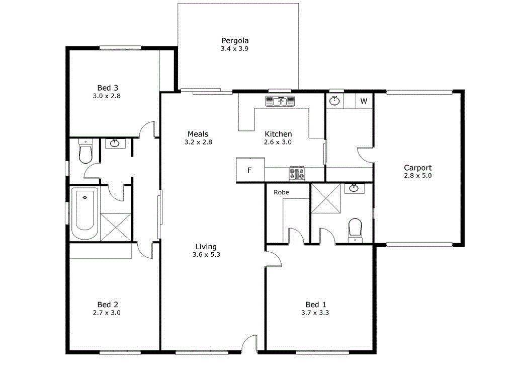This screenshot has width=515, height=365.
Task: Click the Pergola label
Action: pos(235,41)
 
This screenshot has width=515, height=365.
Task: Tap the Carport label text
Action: pos(417,168)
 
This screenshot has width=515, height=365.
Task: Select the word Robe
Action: pos(281,192)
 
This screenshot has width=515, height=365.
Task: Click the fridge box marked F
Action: pos(249,170)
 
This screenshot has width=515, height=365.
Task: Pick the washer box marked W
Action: pos(364,101)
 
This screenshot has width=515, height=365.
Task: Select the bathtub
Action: pos(84,213)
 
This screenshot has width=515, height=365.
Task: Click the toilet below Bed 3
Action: pos(85,153)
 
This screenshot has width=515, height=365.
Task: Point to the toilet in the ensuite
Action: pos(355,228)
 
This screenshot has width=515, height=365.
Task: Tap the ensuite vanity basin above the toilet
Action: pos(354,188)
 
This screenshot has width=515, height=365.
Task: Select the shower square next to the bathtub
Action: pos(116,227)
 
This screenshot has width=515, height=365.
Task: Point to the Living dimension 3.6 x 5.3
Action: pos(206,255)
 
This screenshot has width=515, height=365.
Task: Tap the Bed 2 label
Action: pos(108,304)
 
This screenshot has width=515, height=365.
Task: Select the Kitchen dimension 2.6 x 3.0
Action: pos(278,142)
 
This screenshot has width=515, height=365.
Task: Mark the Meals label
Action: pos(198,133)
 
